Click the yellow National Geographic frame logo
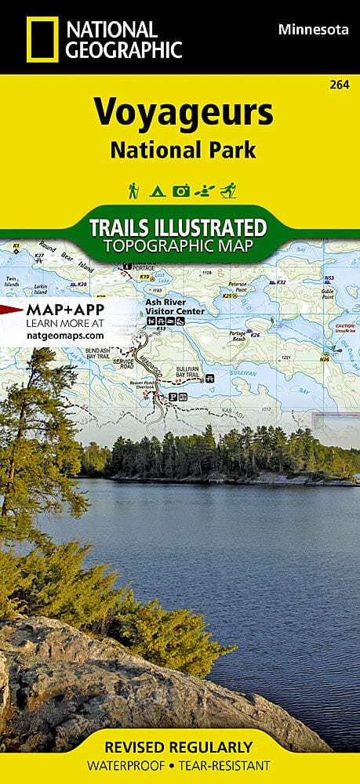[x=42, y=39]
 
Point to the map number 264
[x=341, y=84]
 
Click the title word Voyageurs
[x=184, y=114]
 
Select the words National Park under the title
[x=183, y=150]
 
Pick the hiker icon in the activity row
[x=134, y=190]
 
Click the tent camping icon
[x=157, y=190]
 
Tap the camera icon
[x=180, y=190]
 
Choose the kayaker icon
[x=204, y=190]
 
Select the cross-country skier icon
[x=227, y=190]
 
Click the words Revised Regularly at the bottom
[x=180, y=746]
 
